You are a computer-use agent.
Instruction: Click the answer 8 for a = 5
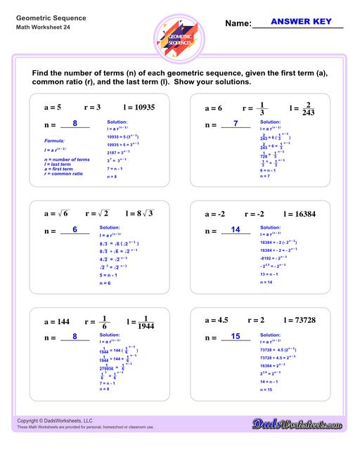75,124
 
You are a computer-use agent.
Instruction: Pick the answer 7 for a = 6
236,124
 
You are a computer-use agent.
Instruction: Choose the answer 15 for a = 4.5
236,336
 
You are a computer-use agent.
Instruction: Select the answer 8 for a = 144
75,336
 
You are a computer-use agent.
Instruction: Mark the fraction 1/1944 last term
148,321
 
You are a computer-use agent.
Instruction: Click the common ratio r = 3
94,108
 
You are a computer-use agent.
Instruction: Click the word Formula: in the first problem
53,141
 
